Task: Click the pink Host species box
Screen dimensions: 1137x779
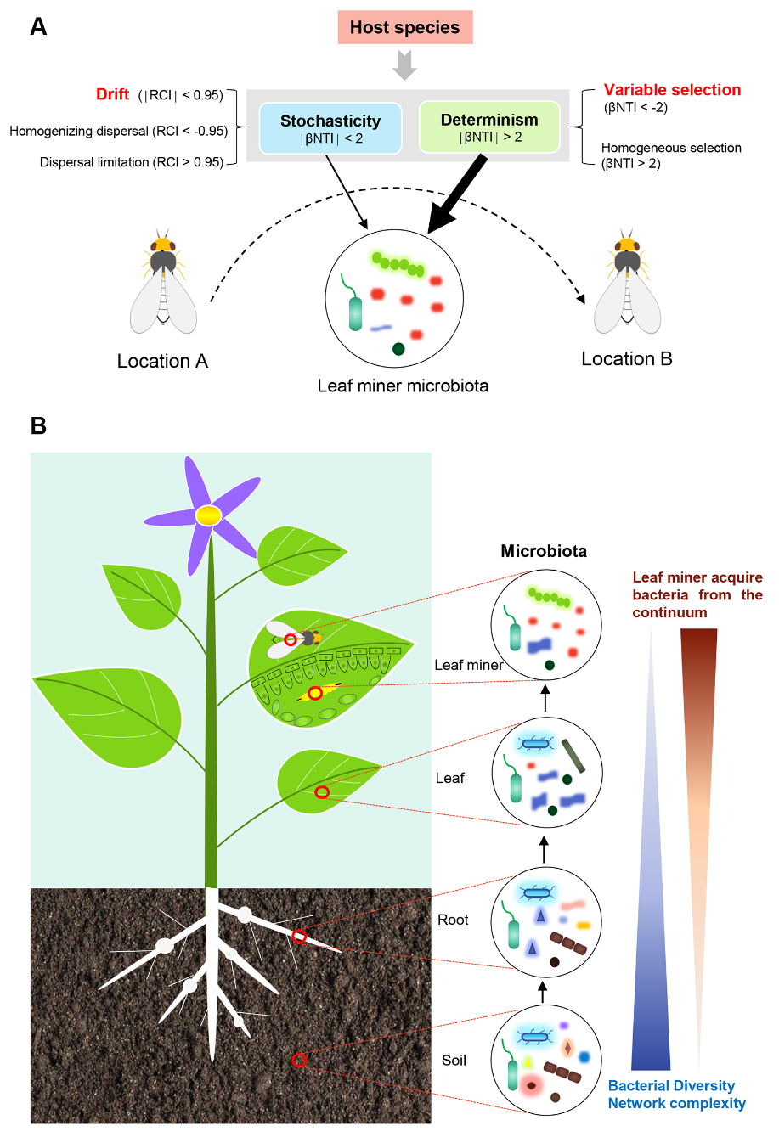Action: pyautogui.click(x=404, y=27)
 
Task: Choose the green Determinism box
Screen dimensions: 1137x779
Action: pyautogui.click(x=489, y=127)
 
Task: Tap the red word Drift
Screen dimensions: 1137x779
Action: pyautogui.click(x=112, y=94)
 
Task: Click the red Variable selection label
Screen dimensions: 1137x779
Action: pyautogui.click(x=672, y=90)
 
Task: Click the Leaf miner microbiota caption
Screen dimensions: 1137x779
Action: pyautogui.click(x=403, y=386)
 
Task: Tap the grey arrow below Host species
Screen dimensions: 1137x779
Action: pyautogui.click(x=405, y=65)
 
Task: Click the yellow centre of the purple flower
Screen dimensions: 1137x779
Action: pyautogui.click(x=208, y=515)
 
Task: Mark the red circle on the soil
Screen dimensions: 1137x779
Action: pyautogui.click(x=299, y=1060)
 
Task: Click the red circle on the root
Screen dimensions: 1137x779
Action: pyautogui.click(x=299, y=936)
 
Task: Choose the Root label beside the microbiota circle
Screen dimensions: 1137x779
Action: pyautogui.click(x=453, y=920)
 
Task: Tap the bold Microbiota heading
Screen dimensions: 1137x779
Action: pyautogui.click(x=544, y=551)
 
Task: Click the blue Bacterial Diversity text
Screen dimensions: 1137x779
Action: pyautogui.click(x=671, y=1085)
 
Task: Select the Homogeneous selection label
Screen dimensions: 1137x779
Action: pyautogui.click(x=671, y=148)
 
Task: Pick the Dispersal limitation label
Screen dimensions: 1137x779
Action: pyautogui.click(x=131, y=162)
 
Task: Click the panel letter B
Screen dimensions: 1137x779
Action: pyautogui.click(x=38, y=425)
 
